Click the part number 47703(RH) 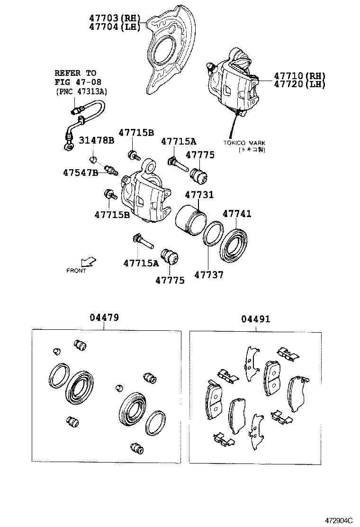[115, 18]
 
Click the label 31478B [96, 140]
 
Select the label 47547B [80, 173]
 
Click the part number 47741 [237, 214]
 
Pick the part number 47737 [209, 275]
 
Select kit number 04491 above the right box [256, 319]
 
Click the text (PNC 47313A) [81, 91]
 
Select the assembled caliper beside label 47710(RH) [233, 83]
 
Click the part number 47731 [199, 195]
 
